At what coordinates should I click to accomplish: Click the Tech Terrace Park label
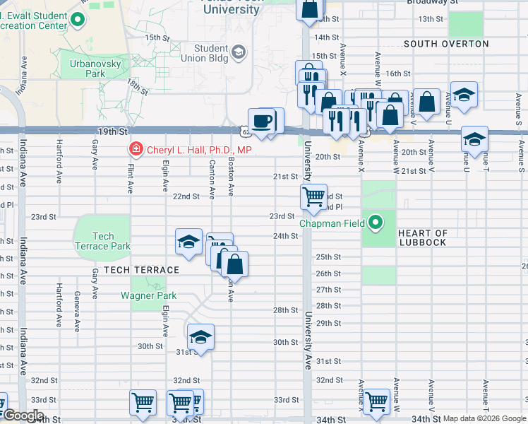(x=102, y=241)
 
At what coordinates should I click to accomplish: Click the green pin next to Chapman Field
(x=376, y=224)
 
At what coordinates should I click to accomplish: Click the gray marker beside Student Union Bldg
(x=239, y=52)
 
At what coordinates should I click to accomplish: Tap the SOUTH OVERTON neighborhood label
(x=446, y=44)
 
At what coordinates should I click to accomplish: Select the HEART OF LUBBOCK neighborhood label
(x=423, y=238)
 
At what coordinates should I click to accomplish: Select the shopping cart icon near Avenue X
(x=376, y=401)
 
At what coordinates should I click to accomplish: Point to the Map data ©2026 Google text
(x=484, y=418)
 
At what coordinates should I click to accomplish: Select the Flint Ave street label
(x=131, y=177)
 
